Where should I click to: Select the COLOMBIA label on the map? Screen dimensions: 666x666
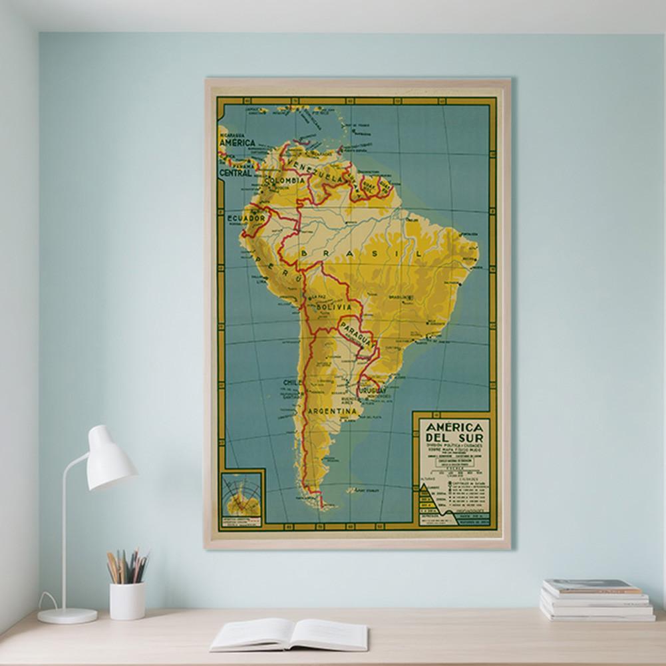284,180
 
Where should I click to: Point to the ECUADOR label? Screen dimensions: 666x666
246,218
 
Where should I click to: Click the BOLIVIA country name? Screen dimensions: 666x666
333,308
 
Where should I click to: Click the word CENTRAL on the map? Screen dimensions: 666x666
236,172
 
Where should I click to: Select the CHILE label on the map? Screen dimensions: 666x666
291,383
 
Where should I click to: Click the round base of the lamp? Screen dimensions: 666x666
67,615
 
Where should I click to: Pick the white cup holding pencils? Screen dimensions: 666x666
127,600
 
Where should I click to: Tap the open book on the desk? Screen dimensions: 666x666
289,635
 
